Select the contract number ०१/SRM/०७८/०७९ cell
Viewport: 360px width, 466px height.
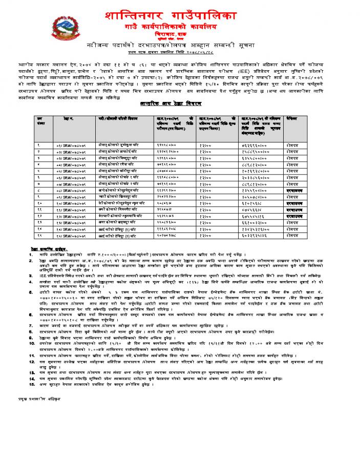(x=70, y=146)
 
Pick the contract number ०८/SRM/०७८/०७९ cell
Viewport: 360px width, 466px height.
(x=70, y=190)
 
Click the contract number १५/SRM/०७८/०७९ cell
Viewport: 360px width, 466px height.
(x=70, y=235)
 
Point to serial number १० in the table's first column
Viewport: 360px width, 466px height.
(x=39, y=203)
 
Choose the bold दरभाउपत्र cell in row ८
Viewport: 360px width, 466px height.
(x=296, y=190)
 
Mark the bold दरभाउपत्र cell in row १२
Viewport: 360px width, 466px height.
(x=296, y=216)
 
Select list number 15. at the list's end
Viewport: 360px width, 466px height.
(x=32, y=383)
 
